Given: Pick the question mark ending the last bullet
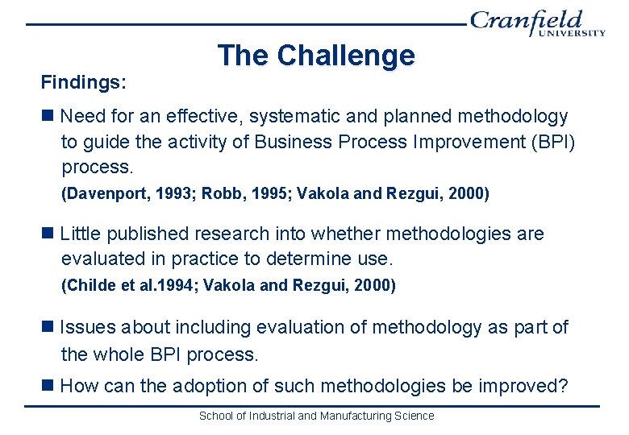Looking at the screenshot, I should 563,387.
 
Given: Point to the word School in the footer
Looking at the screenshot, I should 216,416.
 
